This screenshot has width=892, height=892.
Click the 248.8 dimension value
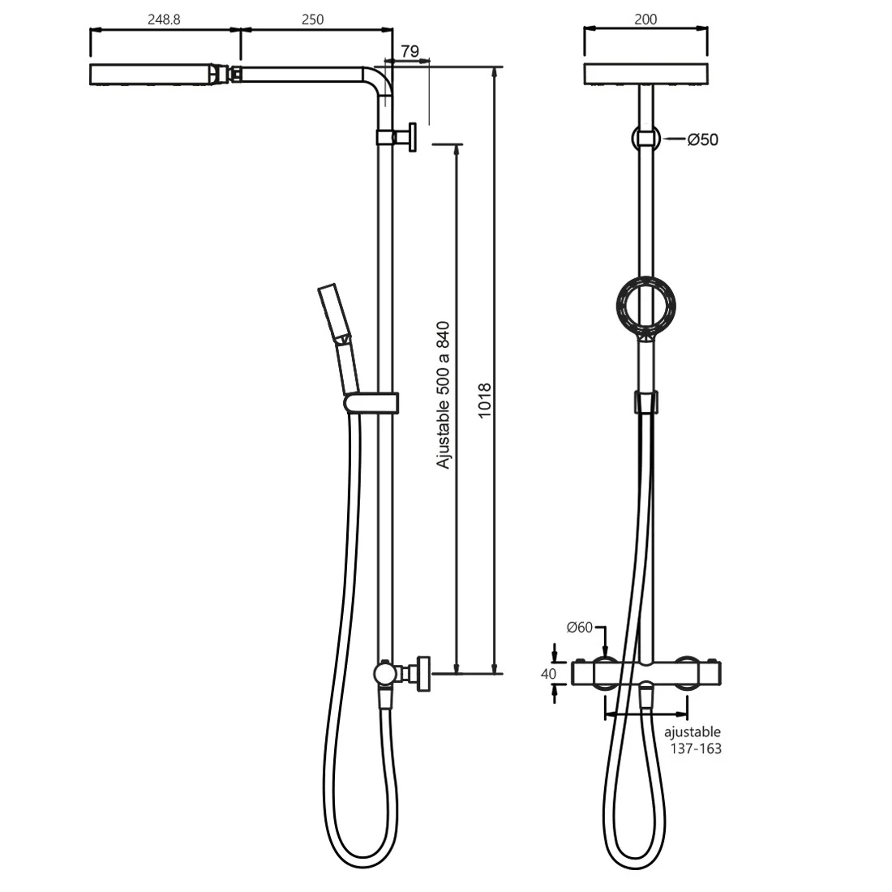click(164, 19)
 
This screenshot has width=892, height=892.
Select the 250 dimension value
click(312, 19)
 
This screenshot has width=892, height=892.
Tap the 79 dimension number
click(410, 51)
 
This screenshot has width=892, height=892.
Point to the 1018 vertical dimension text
click(484, 401)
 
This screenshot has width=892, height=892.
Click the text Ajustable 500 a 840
click(443, 396)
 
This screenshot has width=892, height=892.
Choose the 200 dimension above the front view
click(645, 19)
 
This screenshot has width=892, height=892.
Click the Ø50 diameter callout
click(702, 139)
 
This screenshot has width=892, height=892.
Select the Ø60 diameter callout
click(580, 627)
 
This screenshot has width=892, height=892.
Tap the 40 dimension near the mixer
click(548, 674)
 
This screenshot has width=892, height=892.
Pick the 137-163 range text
click(696, 748)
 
